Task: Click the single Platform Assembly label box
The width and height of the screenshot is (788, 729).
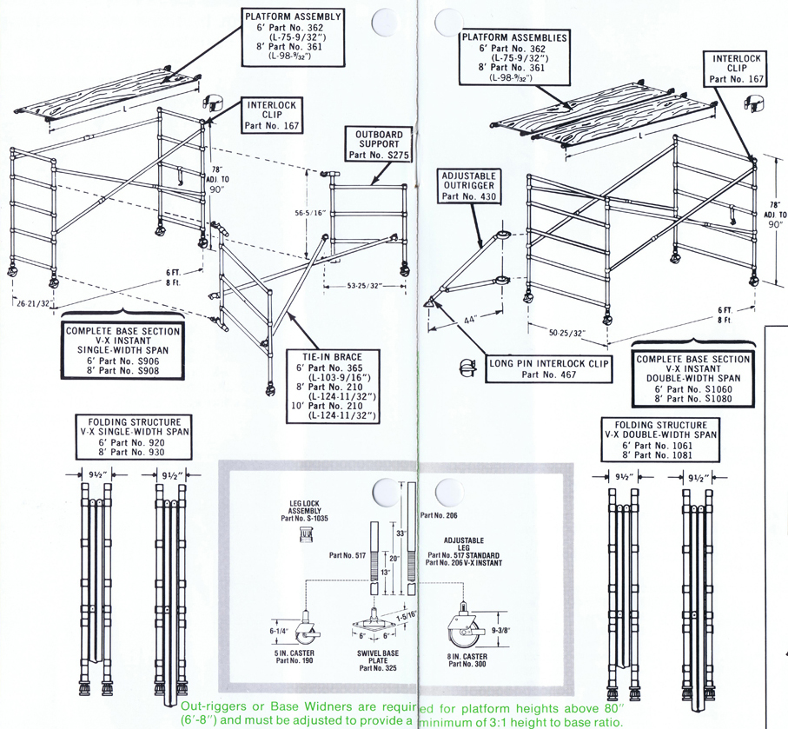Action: click(x=293, y=38)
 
